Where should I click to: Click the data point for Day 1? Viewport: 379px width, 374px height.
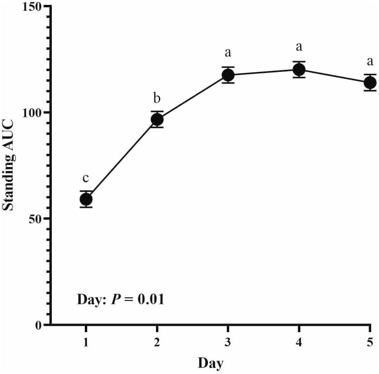click(86, 199)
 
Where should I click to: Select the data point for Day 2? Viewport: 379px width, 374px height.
click(157, 119)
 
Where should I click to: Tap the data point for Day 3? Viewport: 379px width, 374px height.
click(228, 75)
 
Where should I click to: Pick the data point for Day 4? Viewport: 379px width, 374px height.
click(299, 69)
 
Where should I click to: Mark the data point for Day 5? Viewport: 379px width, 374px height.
click(370, 82)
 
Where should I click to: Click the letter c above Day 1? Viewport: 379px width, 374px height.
click(86, 178)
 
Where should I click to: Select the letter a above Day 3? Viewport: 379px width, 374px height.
click(228, 52)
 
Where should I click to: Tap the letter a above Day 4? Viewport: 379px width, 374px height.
click(299, 47)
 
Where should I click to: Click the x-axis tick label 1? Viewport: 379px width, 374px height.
click(86, 342)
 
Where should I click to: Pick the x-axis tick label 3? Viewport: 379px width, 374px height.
click(228, 342)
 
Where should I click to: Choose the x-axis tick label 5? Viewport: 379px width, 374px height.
click(370, 342)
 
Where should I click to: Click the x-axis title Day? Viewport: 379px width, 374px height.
click(211, 364)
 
